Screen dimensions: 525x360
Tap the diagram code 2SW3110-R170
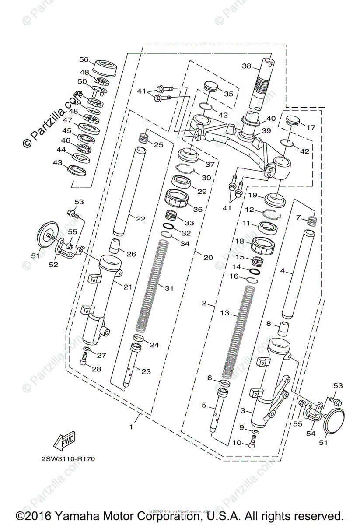pos(68,459)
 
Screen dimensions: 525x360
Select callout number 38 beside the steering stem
pos(247,66)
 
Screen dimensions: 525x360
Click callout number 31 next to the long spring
pos(169,288)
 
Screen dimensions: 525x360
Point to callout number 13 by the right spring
pos(224,313)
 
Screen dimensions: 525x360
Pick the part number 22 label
pos(140,219)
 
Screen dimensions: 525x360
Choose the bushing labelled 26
pos(115,246)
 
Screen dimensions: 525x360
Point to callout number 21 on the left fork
pos(127,287)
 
